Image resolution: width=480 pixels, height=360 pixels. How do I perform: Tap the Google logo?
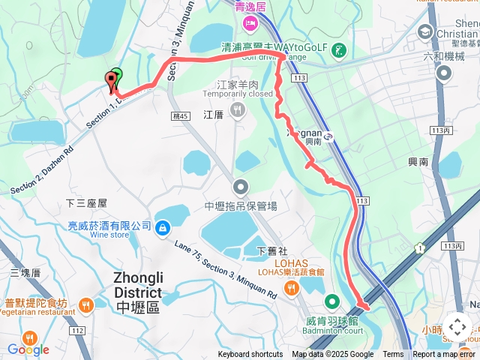pyautogui.click(x=28, y=349)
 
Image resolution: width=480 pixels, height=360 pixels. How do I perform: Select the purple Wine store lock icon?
pyautogui.click(x=162, y=226)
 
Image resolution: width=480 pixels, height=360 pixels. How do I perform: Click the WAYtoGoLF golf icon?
pyautogui.click(x=340, y=50)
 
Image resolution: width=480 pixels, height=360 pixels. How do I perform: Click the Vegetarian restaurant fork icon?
pyautogui.click(x=87, y=304)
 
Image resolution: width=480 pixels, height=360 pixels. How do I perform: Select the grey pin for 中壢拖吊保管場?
pyautogui.click(x=241, y=186)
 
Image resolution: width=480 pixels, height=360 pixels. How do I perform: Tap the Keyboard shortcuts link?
pyautogui.click(x=250, y=355)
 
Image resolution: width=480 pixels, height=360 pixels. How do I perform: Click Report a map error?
pyautogui.click(x=444, y=355)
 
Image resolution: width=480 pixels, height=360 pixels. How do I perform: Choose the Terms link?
pyautogui.click(x=393, y=355)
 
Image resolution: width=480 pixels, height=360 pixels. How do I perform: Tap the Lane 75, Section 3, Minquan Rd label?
pyautogui.click(x=225, y=270)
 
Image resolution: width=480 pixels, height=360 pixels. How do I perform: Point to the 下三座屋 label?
pyautogui.click(x=87, y=203)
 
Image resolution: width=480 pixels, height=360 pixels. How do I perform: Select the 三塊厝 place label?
pyautogui.click(x=25, y=272)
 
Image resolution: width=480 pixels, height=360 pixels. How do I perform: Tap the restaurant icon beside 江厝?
pyautogui.click(x=238, y=112)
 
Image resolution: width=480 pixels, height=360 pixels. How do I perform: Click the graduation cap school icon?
pyautogui.click(x=425, y=32)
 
